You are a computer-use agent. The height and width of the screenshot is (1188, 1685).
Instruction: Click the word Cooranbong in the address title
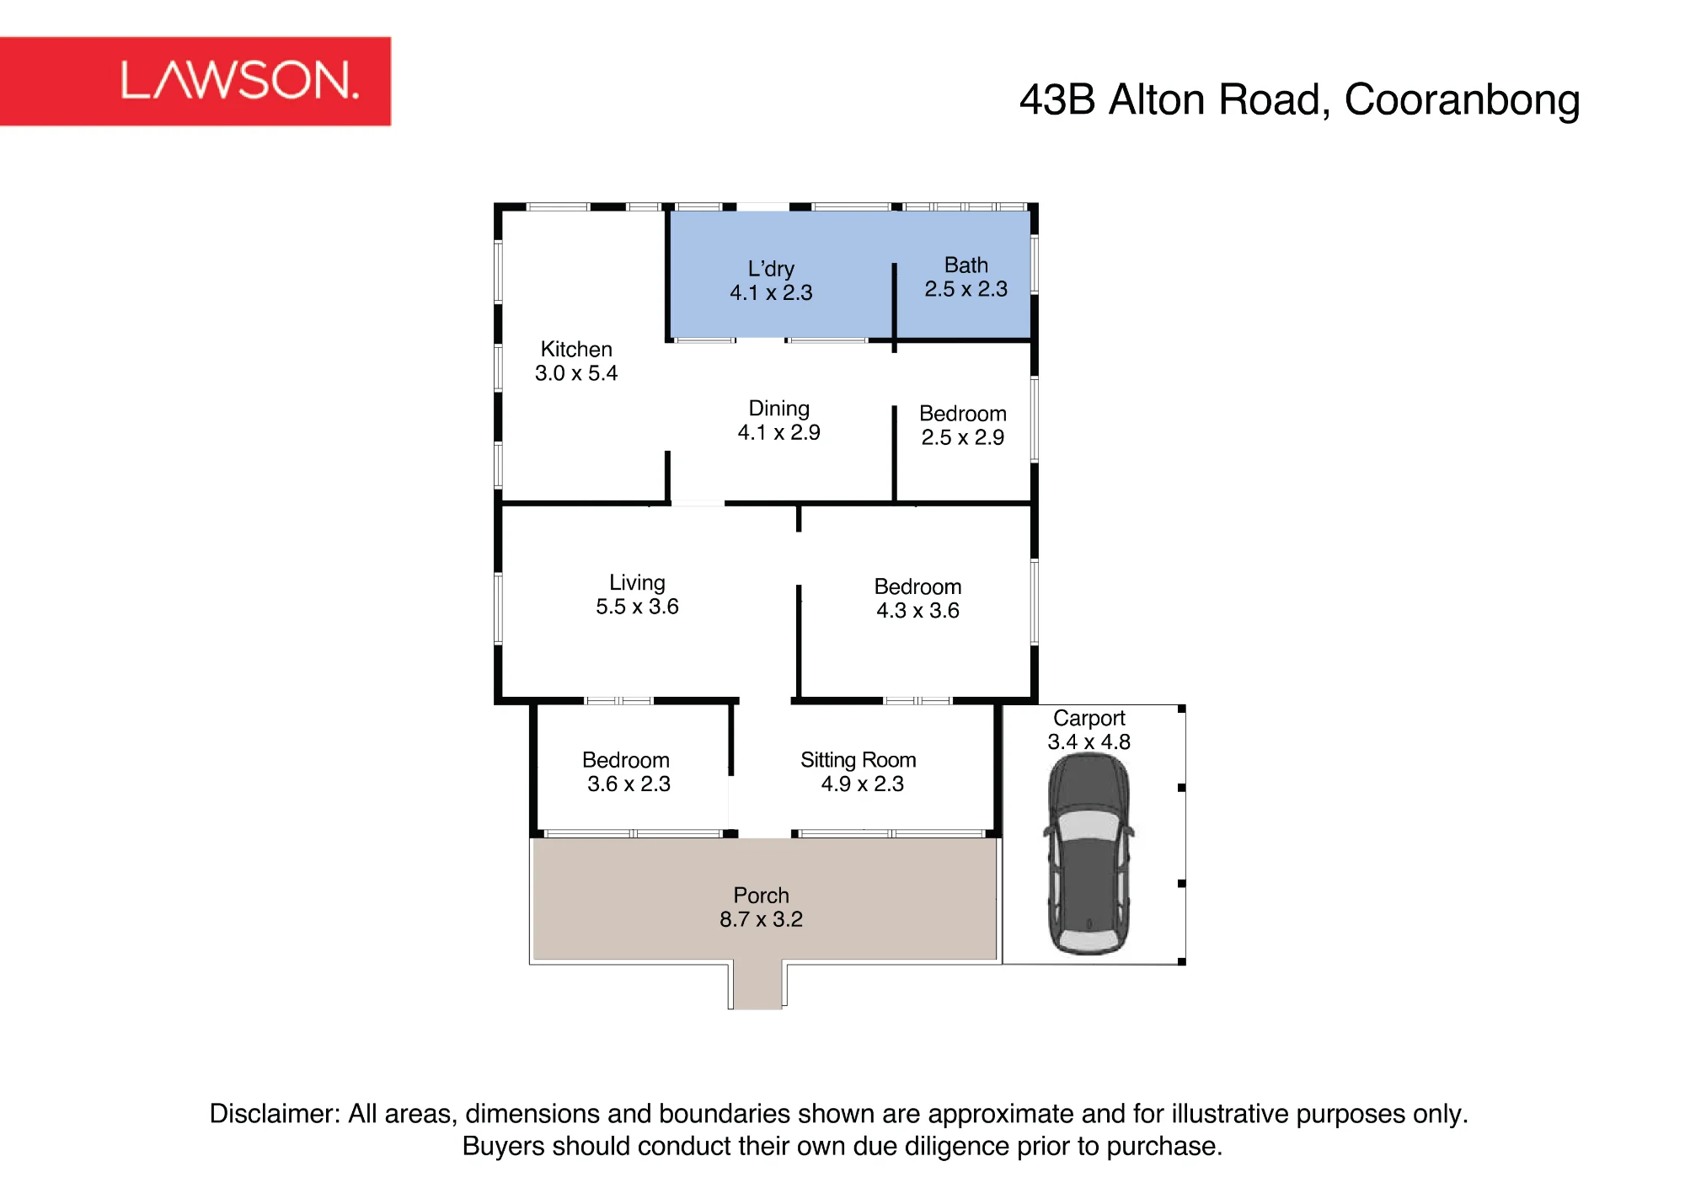(x=1462, y=101)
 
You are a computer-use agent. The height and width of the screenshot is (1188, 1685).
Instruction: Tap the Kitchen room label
(x=576, y=349)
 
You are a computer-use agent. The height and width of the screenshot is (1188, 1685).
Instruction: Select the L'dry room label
(x=771, y=269)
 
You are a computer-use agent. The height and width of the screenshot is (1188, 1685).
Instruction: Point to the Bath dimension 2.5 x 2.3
(x=966, y=289)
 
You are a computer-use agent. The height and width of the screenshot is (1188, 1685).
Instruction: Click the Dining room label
(x=779, y=409)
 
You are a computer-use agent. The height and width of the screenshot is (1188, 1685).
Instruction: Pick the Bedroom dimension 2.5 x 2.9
(x=963, y=437)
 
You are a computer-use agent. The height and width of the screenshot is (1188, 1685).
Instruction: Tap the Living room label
(x=638, y=583)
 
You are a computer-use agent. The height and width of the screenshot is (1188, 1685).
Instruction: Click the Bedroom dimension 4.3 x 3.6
(x=918, y=611)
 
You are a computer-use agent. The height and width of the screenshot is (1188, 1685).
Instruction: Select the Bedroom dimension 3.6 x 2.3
(x=629, y=784)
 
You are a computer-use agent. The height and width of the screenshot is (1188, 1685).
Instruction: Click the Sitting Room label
(x=859, y=760)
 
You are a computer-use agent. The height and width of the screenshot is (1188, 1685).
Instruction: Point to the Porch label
(x=762, y=895)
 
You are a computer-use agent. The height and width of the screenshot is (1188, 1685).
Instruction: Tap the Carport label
(x=1089, y=718)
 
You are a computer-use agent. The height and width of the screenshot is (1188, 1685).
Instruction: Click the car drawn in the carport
(x=1089, y=854)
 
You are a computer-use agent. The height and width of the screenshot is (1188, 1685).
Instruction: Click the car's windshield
(x=1089, y=825)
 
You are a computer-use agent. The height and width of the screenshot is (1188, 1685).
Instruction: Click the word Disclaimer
(x=275, y=1114)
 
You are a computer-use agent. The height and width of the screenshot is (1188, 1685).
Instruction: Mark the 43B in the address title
(x=1057, y=100)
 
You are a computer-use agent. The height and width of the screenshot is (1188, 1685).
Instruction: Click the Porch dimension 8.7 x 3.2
(x=762, y=919)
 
